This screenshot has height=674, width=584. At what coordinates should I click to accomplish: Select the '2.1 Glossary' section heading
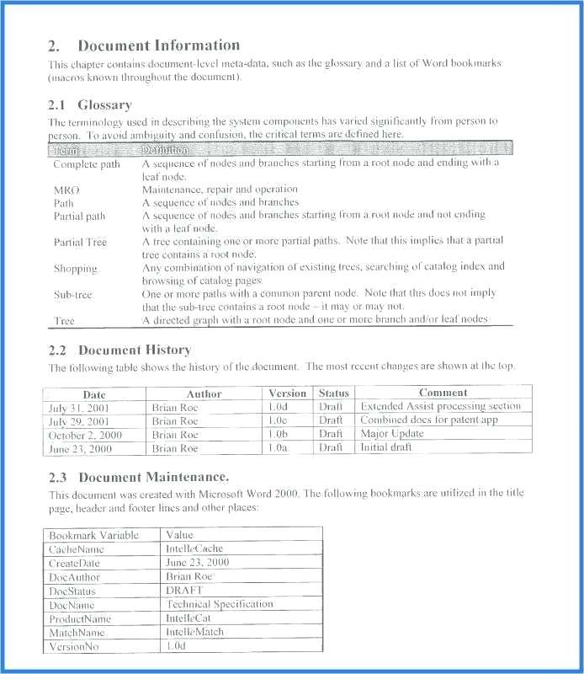click(x=90, y=105)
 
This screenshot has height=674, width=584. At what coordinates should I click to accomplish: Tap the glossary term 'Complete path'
click(x=87, y=164)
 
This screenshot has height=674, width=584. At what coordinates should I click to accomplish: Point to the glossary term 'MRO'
click(x=66, y=190)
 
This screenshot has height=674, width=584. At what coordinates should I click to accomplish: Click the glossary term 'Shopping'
click(x=76, y=269)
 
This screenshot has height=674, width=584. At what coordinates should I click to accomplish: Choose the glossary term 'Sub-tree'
click(x=73, y=295)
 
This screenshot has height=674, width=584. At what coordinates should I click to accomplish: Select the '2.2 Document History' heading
click(x=119, y=350)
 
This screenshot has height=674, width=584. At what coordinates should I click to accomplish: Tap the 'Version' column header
click(x=287, y=393)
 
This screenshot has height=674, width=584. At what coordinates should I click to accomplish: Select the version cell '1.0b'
click(x=278, y=434)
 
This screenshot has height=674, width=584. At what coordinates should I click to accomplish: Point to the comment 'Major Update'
click(x=392, y=434)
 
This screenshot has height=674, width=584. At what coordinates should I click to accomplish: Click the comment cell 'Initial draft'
click(x=386, y=447)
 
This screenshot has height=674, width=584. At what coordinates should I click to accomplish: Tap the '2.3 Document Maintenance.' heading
click(x=139, y=477)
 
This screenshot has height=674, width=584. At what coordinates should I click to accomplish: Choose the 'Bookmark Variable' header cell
click(x=94, y=535)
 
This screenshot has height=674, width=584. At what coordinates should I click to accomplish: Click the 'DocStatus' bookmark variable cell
click(x=72, y=591)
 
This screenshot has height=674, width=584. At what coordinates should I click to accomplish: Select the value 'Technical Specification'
click(x=220, y=604)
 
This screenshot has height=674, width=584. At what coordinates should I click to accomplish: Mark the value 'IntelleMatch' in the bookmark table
click(x=195, y=632)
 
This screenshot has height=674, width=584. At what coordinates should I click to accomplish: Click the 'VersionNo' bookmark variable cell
click(x=74, y=646)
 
